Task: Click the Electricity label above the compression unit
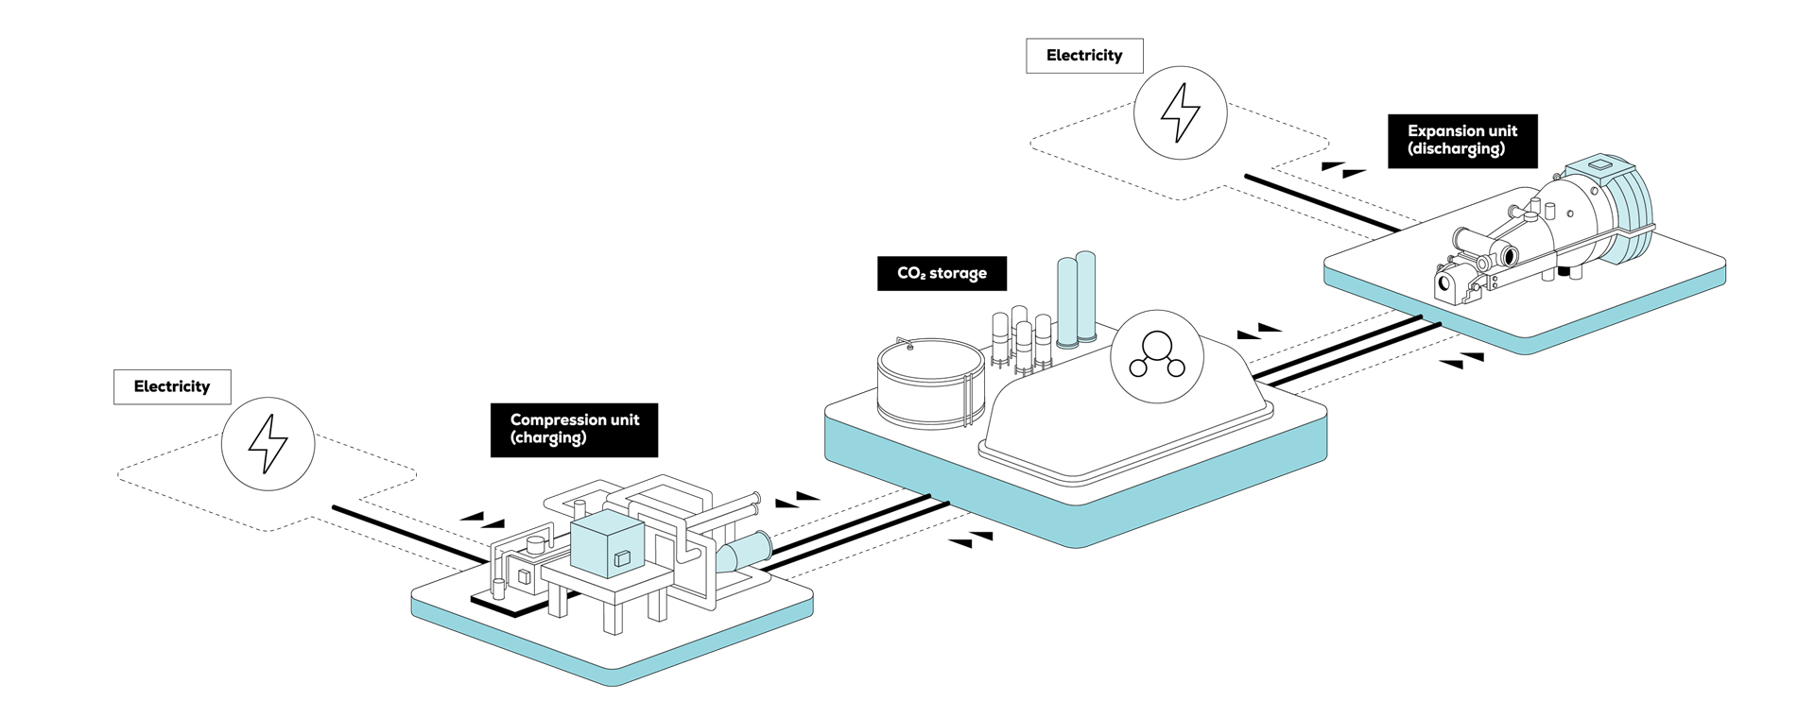point(172,386)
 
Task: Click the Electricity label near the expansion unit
point(1084,56)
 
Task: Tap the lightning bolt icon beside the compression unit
point(268,443)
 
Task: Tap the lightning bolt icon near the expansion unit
point(1180,112)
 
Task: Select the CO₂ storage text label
point(942,273)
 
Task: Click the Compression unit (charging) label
point(575,428)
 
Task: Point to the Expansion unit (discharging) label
point(1461,140)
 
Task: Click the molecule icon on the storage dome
point(1156,356)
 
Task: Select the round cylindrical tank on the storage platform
point(930,383)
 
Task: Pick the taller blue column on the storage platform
point(1085,295)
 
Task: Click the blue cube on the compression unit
point(607,546)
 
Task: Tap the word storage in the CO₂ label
point(958,273)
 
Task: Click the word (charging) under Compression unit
point(548,437)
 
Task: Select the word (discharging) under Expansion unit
point(1456,148)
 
